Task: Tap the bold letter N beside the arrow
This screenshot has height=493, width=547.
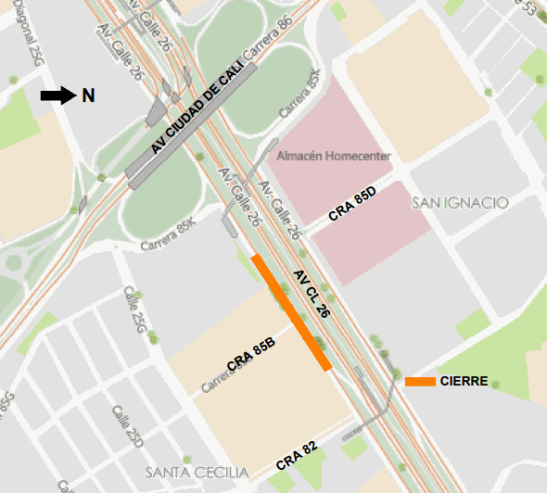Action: [88, 95]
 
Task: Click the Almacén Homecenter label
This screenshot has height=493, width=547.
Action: [335, 156]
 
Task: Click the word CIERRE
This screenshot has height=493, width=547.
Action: [464, 382]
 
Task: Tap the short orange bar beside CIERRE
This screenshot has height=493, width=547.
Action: [420, 382]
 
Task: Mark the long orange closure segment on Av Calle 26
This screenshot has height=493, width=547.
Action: [291, 312]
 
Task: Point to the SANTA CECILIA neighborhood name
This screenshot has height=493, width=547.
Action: [197, 474]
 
